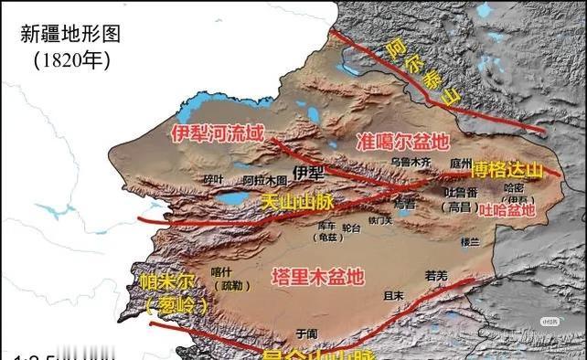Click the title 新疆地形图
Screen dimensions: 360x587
(x=70, y=35)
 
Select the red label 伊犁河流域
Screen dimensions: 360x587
(x=218, y=133)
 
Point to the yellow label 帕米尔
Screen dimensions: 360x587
(x=166, y=281)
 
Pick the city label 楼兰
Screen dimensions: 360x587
(x=469, y=242)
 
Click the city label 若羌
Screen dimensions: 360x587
(x=437, y=274)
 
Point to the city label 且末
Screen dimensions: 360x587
(x=394, y=295)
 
